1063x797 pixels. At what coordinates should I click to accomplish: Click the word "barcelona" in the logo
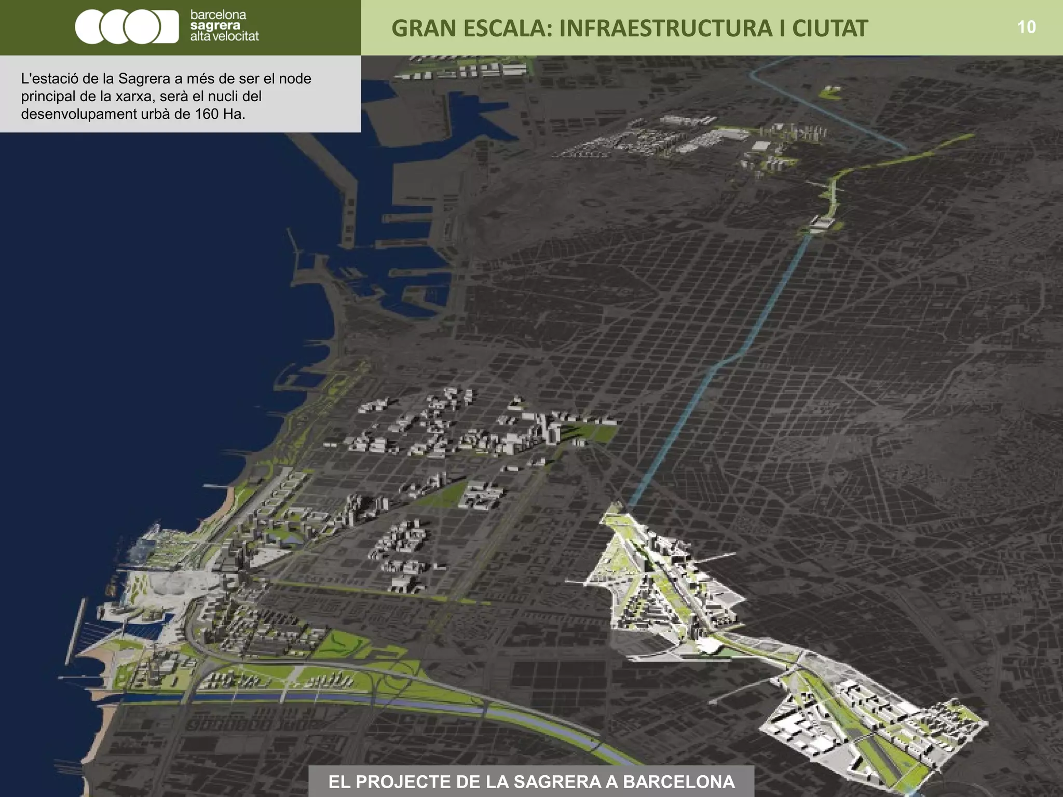(218, 15)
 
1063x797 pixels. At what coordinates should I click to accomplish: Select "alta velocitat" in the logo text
(224, 36)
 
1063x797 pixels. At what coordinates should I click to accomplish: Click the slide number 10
(1026, 27)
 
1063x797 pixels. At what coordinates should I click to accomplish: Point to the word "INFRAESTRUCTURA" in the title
(665, 29)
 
